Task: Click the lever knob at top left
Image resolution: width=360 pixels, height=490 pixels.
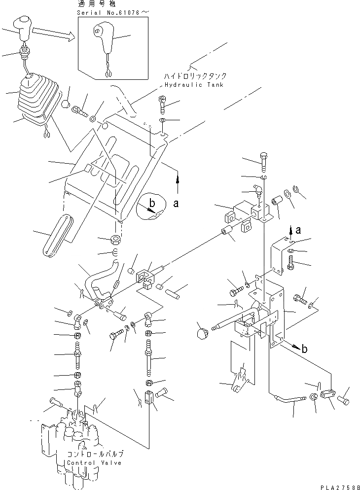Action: (23, 29)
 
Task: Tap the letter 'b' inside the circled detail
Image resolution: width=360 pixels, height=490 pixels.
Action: (152, 203)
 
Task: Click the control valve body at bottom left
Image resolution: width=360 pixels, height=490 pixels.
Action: (74, 439)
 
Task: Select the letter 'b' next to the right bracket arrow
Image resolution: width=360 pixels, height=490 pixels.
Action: (304, 349)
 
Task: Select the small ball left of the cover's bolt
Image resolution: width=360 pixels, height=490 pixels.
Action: (65, 104)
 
